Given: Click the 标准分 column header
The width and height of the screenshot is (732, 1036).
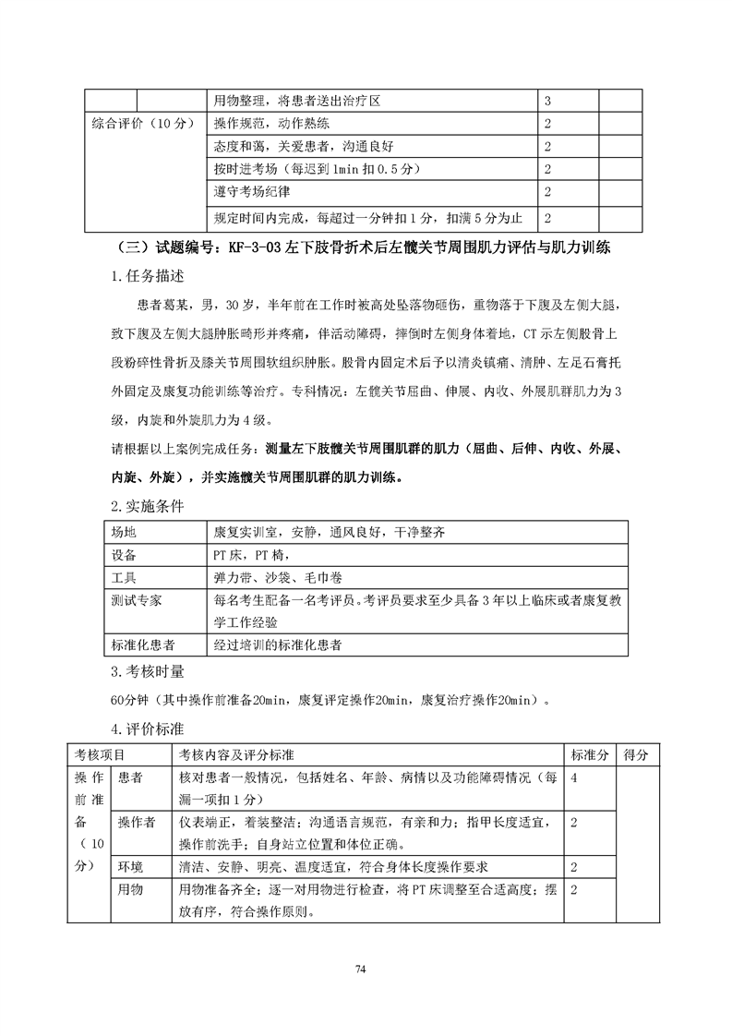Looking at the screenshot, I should click(x=589, y=755).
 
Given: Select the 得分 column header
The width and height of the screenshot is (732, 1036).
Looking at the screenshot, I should click(x=636, y=755).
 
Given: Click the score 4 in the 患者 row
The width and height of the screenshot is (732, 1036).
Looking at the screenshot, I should click(x=575, y=778).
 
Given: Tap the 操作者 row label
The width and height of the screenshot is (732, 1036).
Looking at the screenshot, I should click(x=137, y=822).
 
